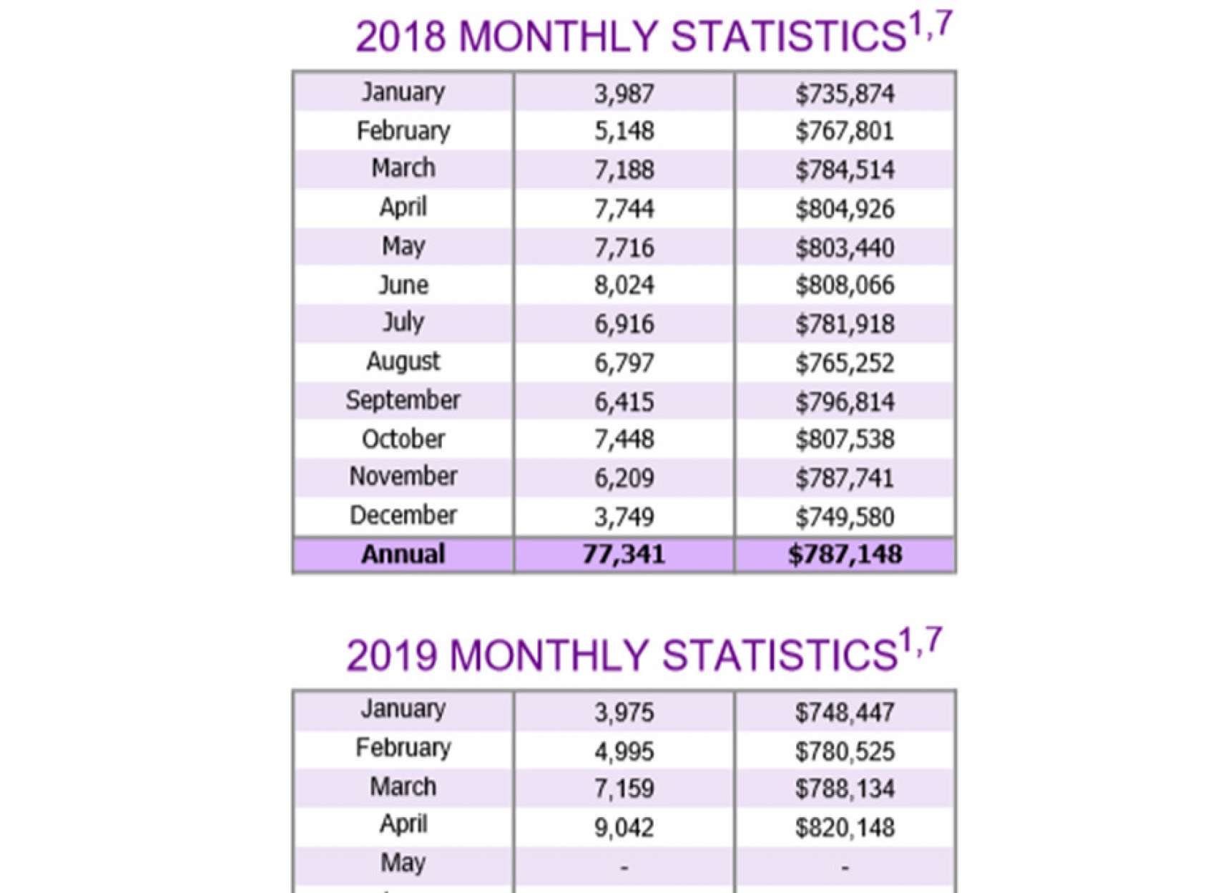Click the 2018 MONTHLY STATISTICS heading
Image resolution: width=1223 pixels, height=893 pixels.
pos(653,35)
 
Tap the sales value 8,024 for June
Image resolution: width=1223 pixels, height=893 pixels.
pos(624,286)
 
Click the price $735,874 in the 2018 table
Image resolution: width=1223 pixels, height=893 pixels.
pos(845,94)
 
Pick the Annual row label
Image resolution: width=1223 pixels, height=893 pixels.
pos(403,555)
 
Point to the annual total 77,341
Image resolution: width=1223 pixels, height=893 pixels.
pos(624,555)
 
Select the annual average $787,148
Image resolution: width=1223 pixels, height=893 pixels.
pos(845,555)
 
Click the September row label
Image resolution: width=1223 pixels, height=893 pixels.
pos(403,401)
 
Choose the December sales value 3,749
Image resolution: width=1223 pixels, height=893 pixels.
pos(624,517)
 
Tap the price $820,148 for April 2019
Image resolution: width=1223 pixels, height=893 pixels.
pos(845,828)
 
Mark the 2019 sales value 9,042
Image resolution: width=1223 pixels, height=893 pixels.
pos(624,828)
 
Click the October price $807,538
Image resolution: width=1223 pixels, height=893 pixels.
pos(845,439)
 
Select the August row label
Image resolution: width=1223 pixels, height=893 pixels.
pos(403,362)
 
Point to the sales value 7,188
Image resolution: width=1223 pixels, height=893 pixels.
pos(624,170)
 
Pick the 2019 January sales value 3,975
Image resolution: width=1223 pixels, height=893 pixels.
pos(624,713)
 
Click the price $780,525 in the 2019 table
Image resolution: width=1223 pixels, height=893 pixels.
pos(845,751)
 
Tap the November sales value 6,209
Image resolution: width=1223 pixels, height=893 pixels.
pos(624,478)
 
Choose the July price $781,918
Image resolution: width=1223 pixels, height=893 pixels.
pos(845,324)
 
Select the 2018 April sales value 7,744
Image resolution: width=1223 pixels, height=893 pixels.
pos(624,209)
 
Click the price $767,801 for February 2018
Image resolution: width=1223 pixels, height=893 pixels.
pos(845,132)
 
